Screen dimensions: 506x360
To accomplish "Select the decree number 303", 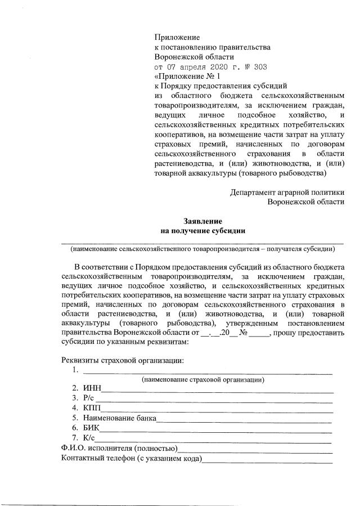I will click(260, 66).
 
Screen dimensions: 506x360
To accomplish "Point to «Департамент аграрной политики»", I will click(287, 192).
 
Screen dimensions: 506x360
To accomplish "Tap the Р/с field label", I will click(89, 398).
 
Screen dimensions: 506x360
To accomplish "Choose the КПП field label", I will click(92, 408).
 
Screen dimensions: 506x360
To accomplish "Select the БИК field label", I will click(92, 428).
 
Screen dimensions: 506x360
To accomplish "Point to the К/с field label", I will click(89, 438).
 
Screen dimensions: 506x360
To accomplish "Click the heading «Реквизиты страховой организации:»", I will click(122, 360).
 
